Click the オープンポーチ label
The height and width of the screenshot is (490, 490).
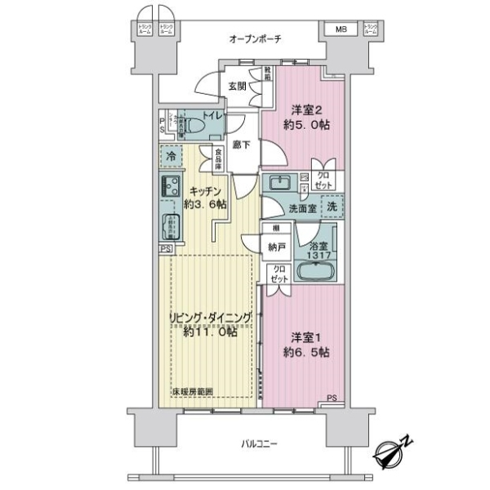(x=255, y=39)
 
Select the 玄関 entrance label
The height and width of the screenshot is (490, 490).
(x=237, y=86)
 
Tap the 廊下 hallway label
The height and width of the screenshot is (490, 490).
(x=241, y=145)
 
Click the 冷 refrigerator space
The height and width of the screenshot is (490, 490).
(x=171, y=155)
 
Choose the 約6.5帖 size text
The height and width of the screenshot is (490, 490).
(x=307, y=352)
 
